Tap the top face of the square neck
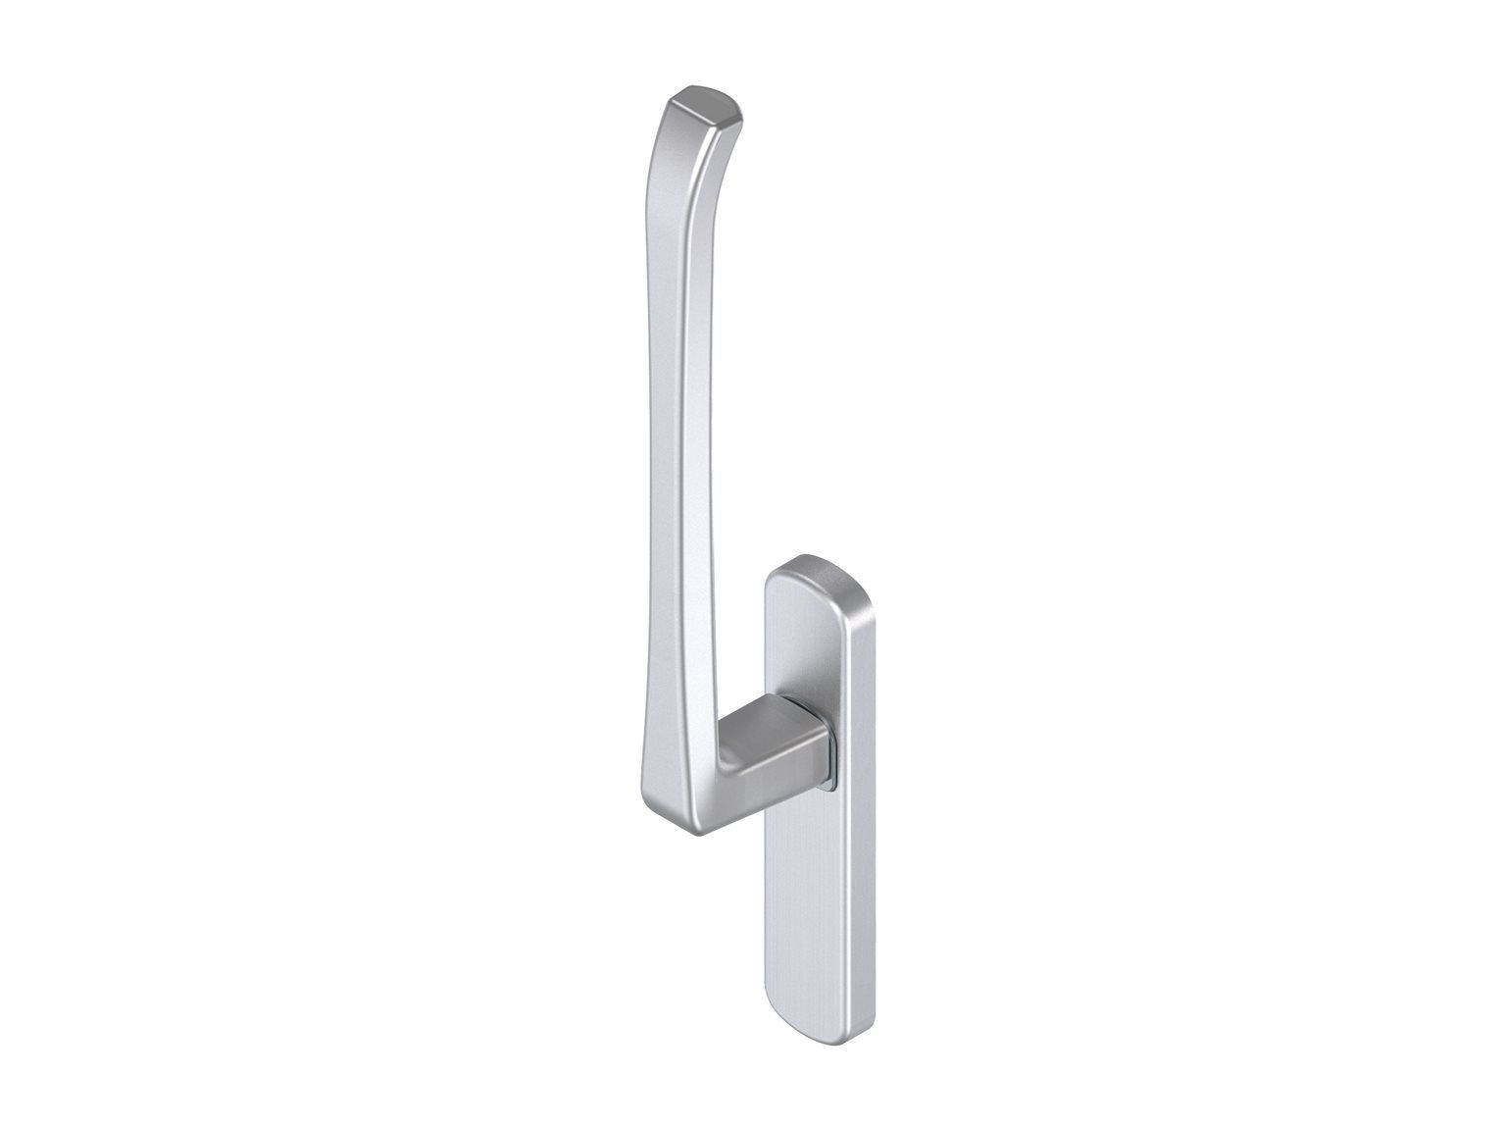[x=771, y=709]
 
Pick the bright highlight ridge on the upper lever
[x=692, y=294]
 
